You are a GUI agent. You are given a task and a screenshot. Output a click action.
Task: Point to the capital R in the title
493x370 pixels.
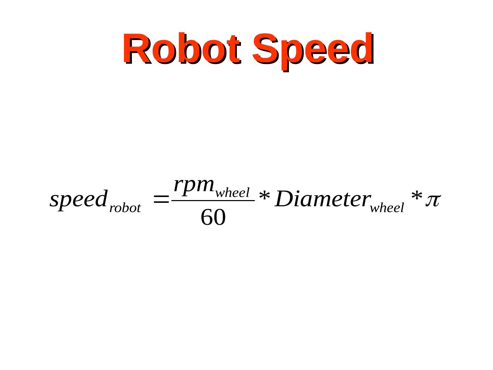click(135, 49)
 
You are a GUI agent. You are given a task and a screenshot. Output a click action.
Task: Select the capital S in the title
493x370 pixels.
click(265, 49)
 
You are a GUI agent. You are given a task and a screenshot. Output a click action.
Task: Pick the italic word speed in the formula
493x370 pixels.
click(78, 199)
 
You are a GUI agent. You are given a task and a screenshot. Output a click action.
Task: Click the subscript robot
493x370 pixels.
click(125, 208)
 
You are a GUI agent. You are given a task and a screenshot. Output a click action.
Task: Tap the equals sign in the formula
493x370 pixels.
click(161, 199)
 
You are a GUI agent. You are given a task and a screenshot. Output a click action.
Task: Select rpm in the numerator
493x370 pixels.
click(193, 185)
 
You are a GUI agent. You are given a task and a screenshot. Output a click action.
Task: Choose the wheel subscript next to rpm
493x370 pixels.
click(232, 193)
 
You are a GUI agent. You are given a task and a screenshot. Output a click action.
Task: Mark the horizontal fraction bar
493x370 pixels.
click(213, 201)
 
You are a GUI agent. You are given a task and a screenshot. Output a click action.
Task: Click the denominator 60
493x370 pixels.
click(213, 217)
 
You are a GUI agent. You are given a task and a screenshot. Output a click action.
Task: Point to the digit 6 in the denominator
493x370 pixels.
click(207, 217)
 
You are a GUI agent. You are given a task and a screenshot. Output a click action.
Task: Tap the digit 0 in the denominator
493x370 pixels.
click(219, 217)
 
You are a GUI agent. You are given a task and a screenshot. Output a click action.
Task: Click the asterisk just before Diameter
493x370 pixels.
click(264, 198)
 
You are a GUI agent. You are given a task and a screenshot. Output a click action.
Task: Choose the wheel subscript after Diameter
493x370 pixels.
click(387, 208)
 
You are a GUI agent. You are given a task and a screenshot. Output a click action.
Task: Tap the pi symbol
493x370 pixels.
click(432, 200)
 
